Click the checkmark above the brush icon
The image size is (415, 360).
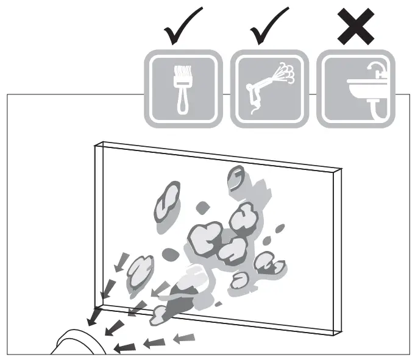point(181,27)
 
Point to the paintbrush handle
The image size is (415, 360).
point(181,100)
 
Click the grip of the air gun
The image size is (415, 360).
point(252,97)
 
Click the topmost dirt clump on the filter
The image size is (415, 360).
point(236,178)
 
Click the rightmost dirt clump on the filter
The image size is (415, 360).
point(269,263)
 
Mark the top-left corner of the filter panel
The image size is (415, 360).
point(96,144)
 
